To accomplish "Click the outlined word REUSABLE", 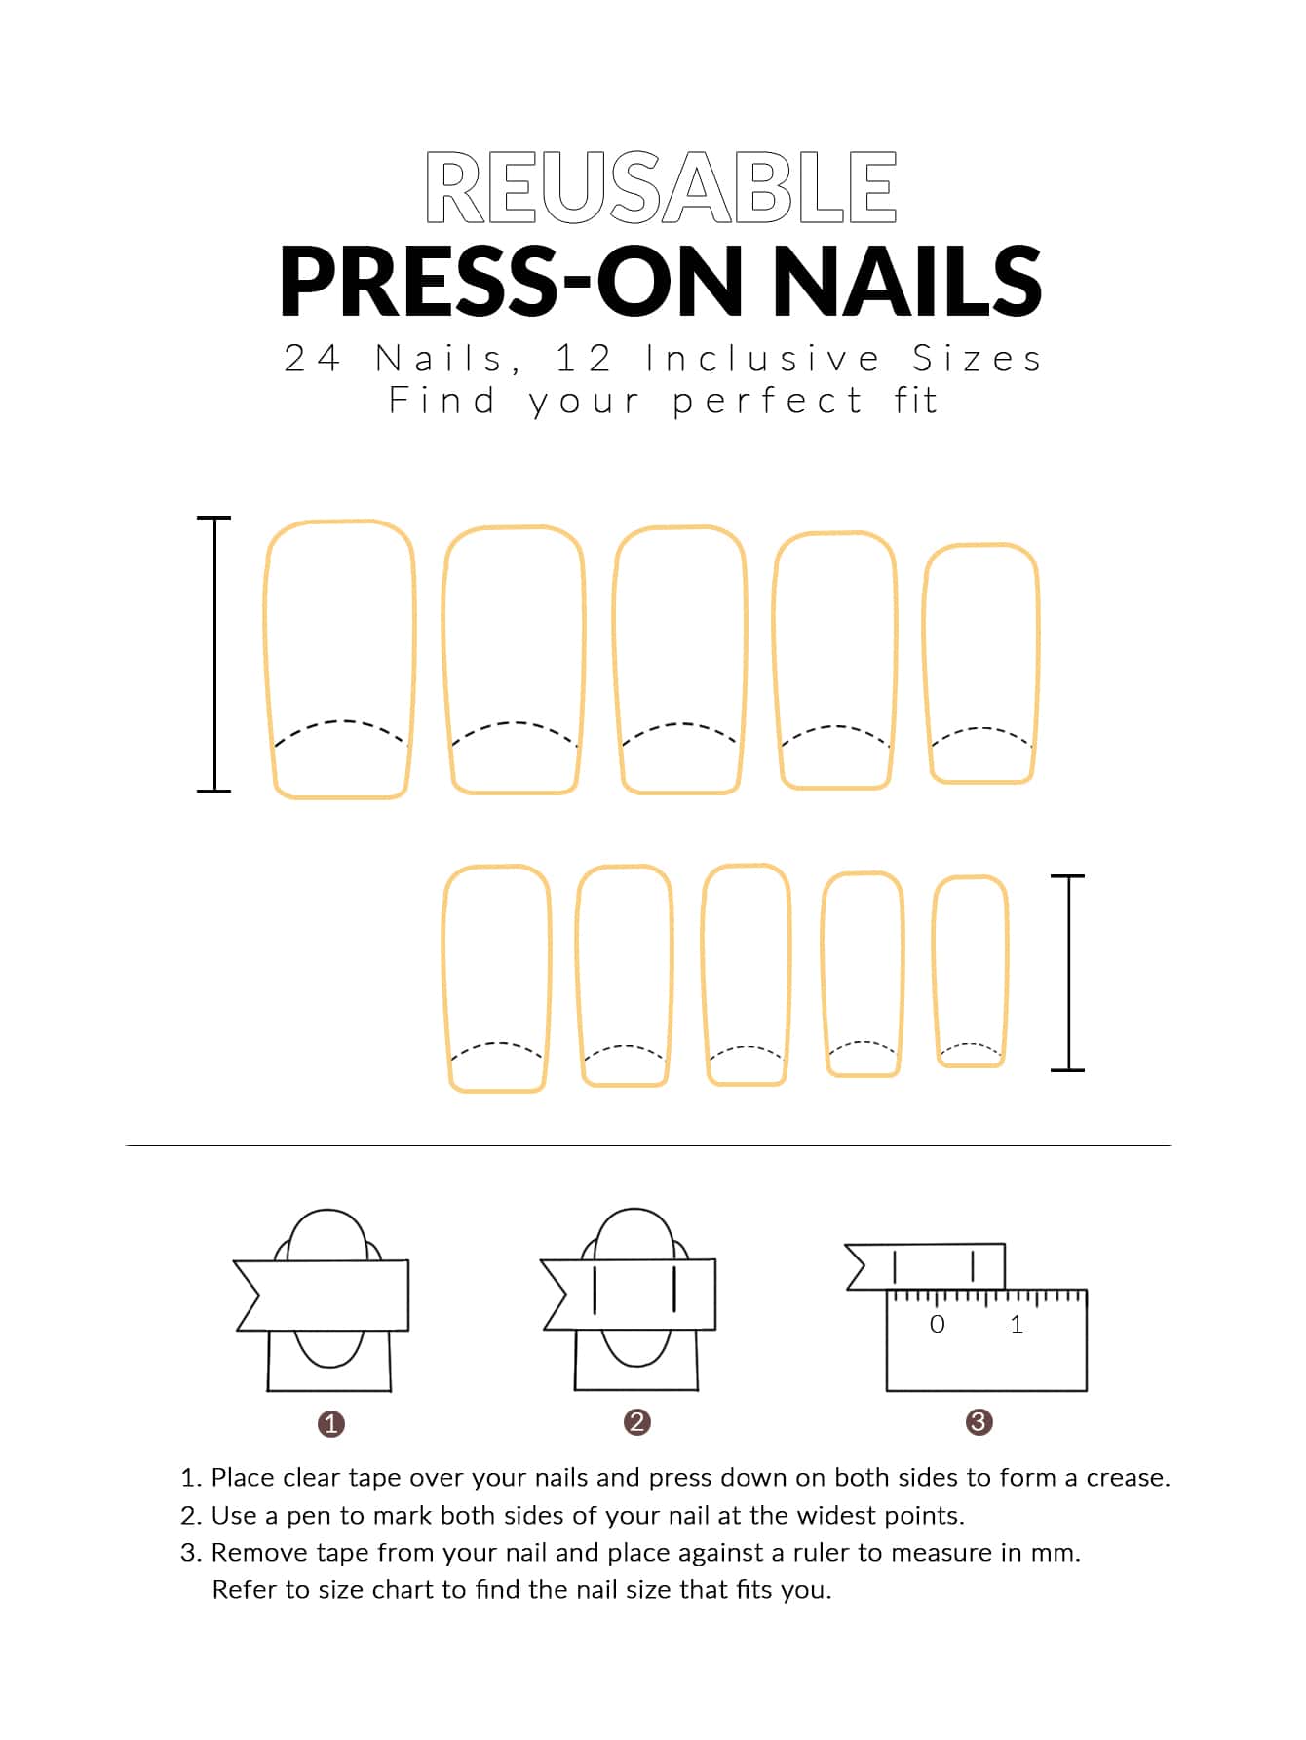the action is tap(661, 187).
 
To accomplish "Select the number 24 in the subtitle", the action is tap(312, 359).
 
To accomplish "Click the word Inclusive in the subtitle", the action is tap(763, 359).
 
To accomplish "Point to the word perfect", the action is tap(767, 401).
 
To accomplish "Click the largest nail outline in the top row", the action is tap(265, 659).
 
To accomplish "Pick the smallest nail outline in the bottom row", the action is tap(934, 971).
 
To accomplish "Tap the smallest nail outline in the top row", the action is tap(925, 663).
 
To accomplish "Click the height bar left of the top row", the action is tap(214, 653).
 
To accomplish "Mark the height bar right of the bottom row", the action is tap(1068, 973).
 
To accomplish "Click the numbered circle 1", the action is tap(331, 1424).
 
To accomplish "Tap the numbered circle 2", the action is tap(637, 1422).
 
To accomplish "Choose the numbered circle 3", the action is tap(979, 1422).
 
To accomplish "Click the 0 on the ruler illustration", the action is tap(938, 1324).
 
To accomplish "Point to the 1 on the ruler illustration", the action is tap(1017, 1324).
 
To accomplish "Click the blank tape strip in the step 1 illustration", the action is tap(322, 1295).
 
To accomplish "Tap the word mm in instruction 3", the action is tap(1058, 1553).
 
